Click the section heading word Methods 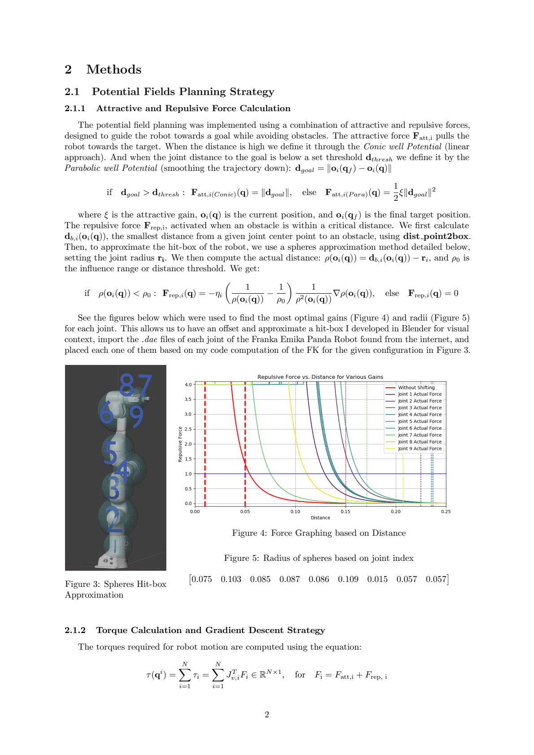114,69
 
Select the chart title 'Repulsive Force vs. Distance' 320,377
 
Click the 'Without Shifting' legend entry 416,388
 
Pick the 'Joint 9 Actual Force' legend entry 419,449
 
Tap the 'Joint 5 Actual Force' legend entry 419,421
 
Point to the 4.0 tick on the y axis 188,385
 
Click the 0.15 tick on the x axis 345,512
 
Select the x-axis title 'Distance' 320,518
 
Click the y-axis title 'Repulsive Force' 180,444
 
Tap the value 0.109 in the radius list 348,579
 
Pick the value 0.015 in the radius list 377,579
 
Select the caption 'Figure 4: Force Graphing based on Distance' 319,533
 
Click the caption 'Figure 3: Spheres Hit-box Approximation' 115,590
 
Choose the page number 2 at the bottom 267,715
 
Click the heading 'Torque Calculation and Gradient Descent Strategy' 210,630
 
